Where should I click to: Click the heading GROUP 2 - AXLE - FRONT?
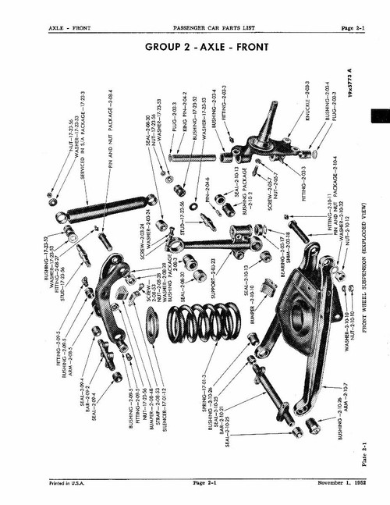[207, 47]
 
